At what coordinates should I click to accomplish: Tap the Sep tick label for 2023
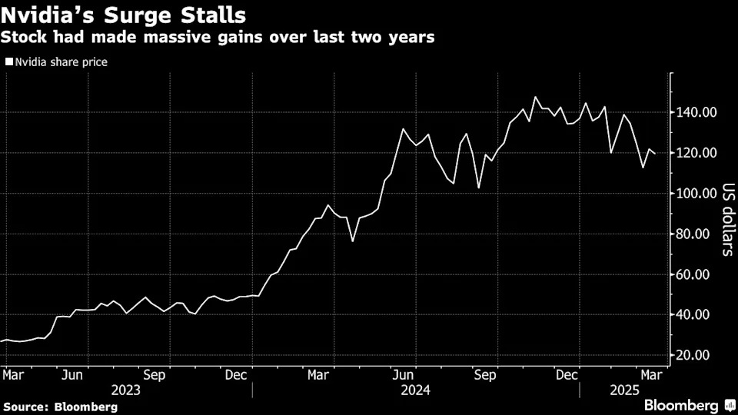pyautogui.click(x=155, y=376)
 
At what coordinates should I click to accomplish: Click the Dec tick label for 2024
pyautogui.click(x=567, y=376)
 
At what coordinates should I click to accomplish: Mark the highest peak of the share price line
pyautogui.click(x=535, y=98)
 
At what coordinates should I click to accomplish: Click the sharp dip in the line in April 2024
pyautogui.click(x=353, y=241)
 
